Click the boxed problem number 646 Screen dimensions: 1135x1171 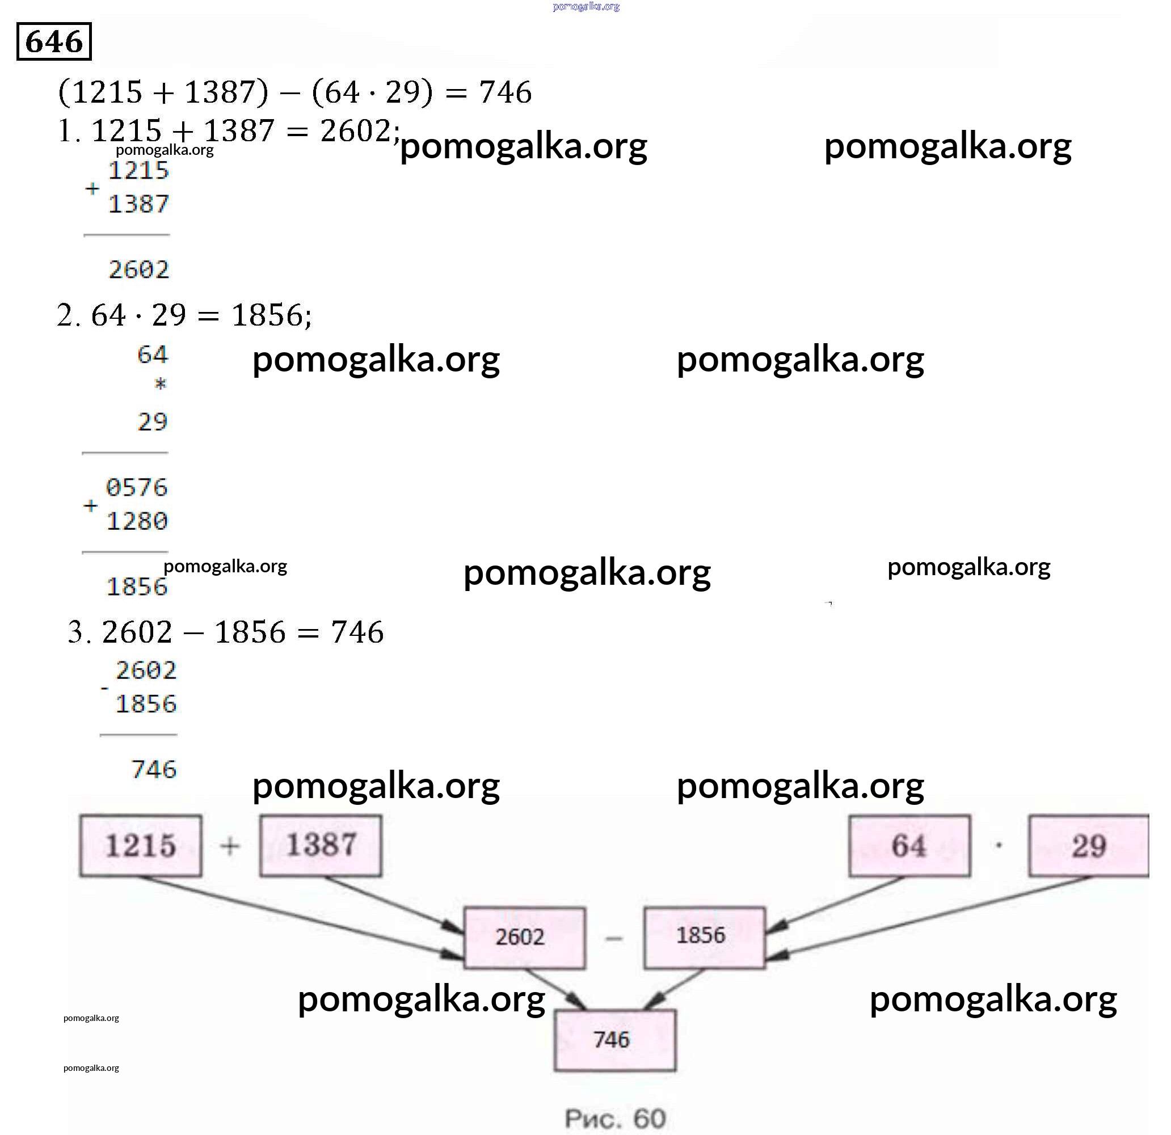point(54,42)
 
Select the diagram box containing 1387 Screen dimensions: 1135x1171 point(321,846)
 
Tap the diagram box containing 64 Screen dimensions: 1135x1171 point(909,846)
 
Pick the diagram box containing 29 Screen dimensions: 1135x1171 point(1089,846)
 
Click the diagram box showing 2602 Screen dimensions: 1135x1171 point(525,937)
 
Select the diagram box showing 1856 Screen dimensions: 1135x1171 point(704,936)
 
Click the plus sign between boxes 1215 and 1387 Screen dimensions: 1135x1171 point(230,846)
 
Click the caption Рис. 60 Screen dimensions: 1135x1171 point(615,1119)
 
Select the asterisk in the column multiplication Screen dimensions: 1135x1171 point(160,384)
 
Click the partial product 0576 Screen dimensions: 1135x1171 point(137,488)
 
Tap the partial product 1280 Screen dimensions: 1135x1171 point(137,521)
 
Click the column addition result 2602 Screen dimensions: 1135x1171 point(138,270)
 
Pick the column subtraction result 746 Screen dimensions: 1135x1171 point(154,769)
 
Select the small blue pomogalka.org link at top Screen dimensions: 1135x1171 point(586,7)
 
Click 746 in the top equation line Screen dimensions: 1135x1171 point(505,92)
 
